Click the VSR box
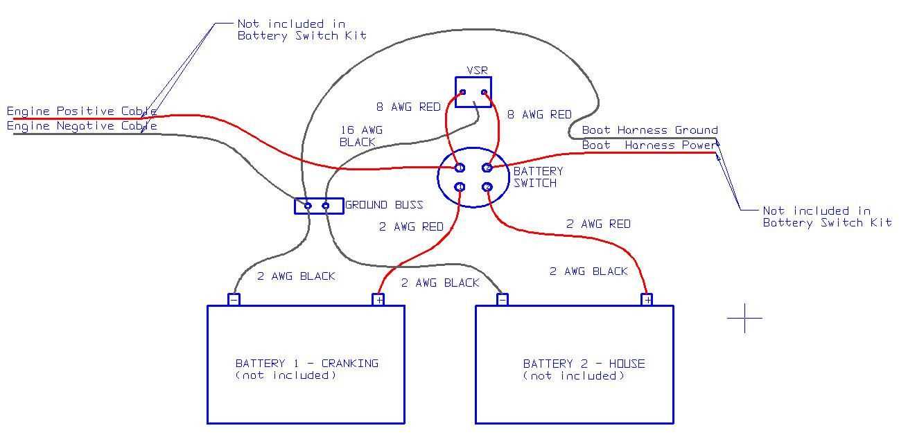[x=473, y=91]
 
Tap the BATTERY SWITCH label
[x=538, y=177]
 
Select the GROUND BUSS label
[x=384, y=205]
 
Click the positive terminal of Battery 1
[x=378, y=299]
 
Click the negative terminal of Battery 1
[x=234, y=299]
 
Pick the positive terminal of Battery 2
[x=647, y=299]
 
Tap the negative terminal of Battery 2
[x=503, y=299]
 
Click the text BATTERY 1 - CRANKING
[x=306, y=363]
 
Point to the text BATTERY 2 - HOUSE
[x=584, y=363]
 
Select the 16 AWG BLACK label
[x=360, y=136]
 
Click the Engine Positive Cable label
[x=82, y=111]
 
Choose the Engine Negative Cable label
[x=82, y=126]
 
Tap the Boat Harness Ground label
[x=649, y=130]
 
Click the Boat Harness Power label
[x=649, y=145]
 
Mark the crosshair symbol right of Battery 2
[x=745, y=318]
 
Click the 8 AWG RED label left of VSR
[x=408, y=107]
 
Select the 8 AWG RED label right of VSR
[x=539, y=114]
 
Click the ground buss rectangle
[x=319, y=206]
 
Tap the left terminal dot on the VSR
[x=463, y=92]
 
